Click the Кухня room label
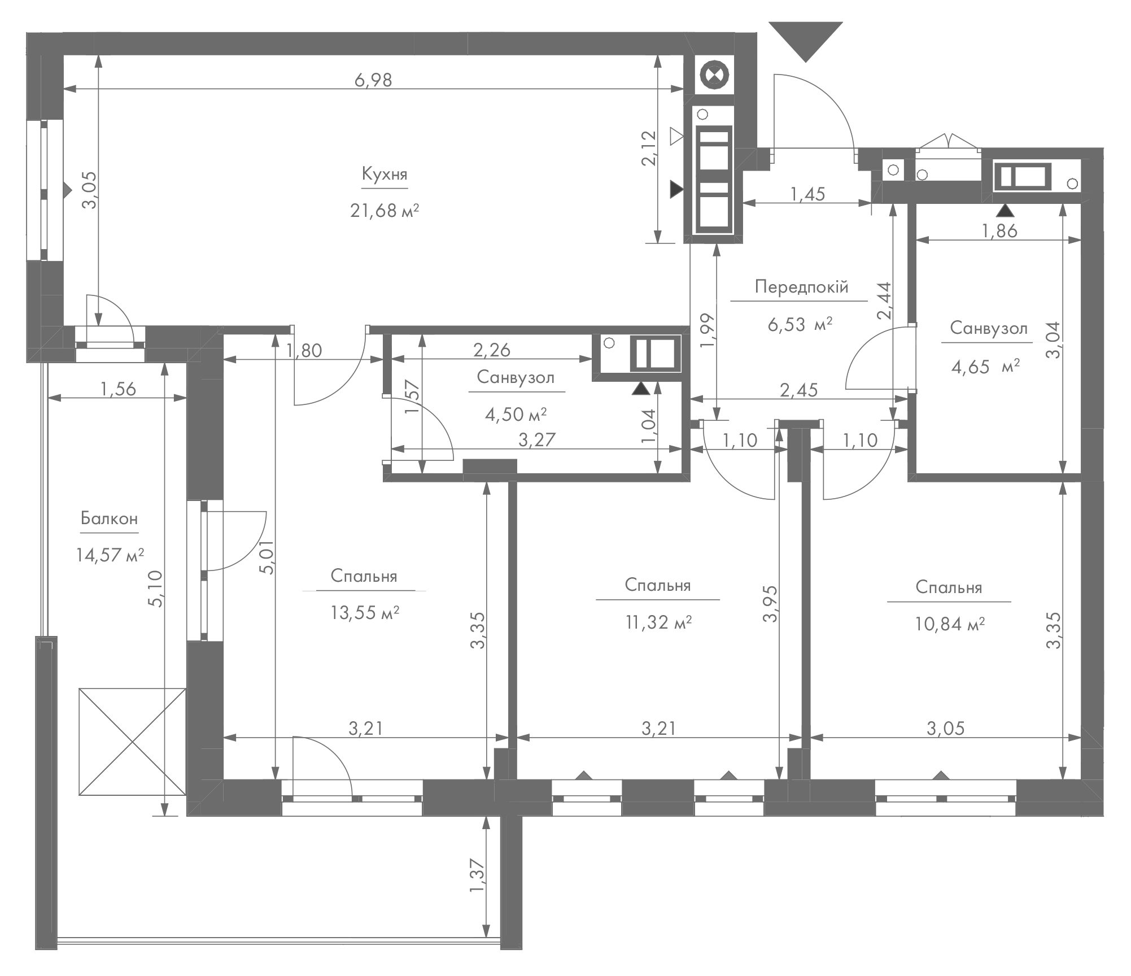click(385, 175)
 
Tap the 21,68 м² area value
click(385, 211)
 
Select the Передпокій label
click(801, 287)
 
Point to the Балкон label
click(110, 518)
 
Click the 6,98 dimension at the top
click(373, 80)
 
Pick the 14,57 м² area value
click(110, 555)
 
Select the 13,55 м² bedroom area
click(365, 612)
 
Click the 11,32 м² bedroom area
click(659, 622)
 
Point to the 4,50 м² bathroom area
click(516, 415)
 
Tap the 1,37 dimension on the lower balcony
click(477, 876)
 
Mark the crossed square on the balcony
click(132, 741)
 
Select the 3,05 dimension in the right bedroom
click(946, 729)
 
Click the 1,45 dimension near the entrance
click(807, 194)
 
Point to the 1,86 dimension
click(999, 230)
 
